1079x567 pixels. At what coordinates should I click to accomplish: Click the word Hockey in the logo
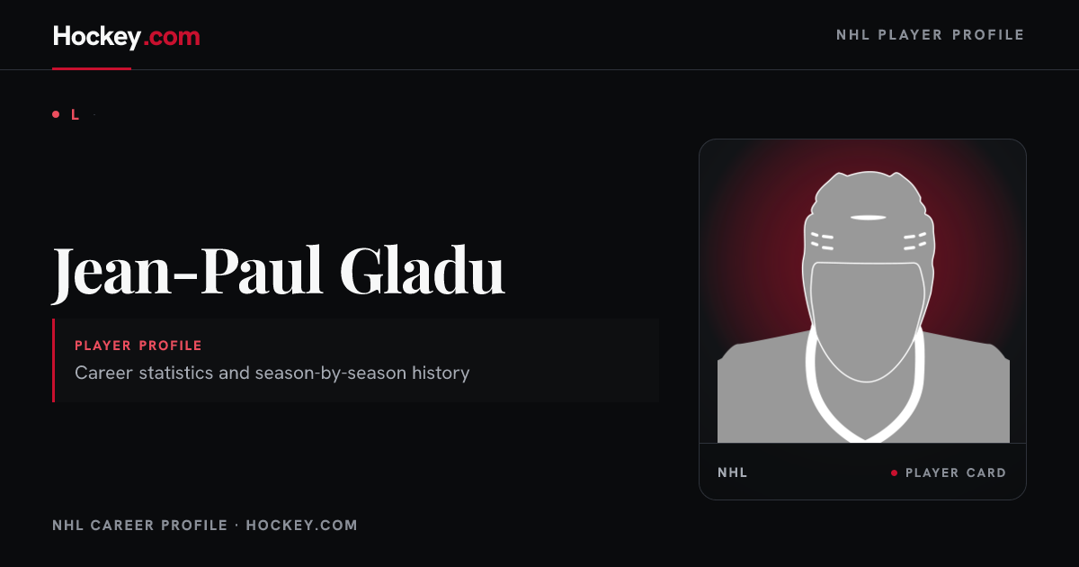pyautogui.click(x=97, y=37)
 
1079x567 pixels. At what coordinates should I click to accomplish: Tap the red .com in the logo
pyautogui.click(x=172, y=37)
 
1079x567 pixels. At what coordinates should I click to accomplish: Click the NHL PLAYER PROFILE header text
pyautogui.click(x=930, y=35)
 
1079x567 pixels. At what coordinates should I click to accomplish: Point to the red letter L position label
pyautogui.click(x=75, y=115)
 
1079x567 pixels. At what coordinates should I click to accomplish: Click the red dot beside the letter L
pyautogui.click(x=56, y=114)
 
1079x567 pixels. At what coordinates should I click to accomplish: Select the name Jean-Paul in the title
pyautogui.click(x=187, y=271)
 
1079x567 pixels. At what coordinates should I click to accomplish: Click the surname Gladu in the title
pyautogui.click(x=422, y=269)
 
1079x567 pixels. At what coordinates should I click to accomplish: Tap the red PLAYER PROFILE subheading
pyautogui.click(x=138, y=346)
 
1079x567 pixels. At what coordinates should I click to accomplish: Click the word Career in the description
pyautogui.click(x=103, y=373)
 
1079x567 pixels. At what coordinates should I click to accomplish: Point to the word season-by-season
pyautogui.click(x=331, y=373)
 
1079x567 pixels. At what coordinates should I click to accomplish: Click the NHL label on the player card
pyautogui.click(x=732, y=472)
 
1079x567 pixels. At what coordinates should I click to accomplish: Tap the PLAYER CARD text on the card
pyautogui.click(x=956, y=473)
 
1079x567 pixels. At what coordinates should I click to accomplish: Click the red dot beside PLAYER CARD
pyautogui.click(x=894, y=473)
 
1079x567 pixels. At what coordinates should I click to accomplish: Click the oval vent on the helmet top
pyautogui.click(x=868, y=218)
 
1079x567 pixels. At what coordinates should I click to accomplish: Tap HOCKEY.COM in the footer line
pyautogui.click(x=301, y=525)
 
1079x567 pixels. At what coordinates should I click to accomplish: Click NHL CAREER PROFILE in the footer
pyautogui.click(x=139, y=525)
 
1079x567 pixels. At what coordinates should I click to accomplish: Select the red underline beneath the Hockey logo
pyautogui.click(x=92, y=68)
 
